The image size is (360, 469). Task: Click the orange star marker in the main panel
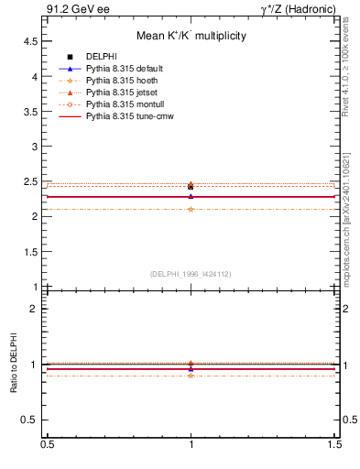(x=191, y=209)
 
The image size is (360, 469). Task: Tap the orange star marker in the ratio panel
(x=191, y=376)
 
